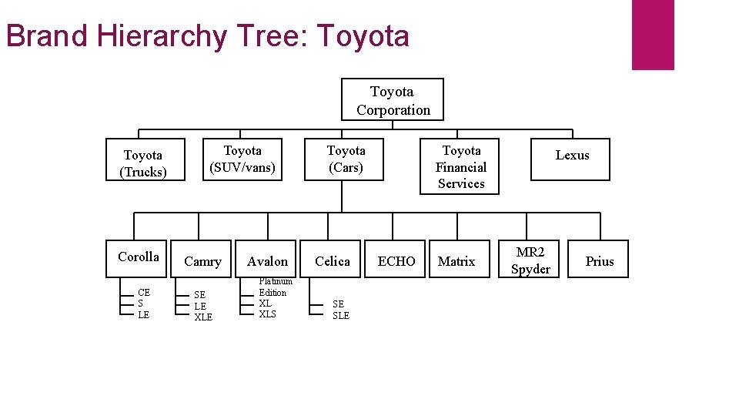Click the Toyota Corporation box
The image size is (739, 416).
(393, 100)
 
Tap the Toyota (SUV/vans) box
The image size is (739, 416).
(242, 159)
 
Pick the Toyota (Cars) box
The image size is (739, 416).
(345, 159)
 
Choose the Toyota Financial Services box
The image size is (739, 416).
(460, 166)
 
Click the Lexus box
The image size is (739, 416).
(571, 159)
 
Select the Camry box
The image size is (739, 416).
(202, 261)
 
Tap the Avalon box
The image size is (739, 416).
(267, 261)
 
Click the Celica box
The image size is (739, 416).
(332, 261)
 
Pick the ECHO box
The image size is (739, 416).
(396, 261)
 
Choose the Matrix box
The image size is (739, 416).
(456, 261)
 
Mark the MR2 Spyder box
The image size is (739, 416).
(530, 261)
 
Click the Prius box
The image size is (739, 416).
(599, 261)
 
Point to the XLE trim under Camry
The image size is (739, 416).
(203, 317)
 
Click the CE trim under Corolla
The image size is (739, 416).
(143, 293)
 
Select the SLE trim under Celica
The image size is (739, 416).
(340, 315)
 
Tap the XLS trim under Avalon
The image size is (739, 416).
(267, 314)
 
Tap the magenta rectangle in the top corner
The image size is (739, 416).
(652, 35)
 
